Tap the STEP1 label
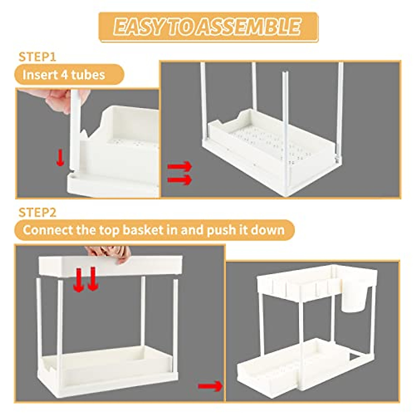click(37, 57)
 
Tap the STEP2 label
click(37, 212)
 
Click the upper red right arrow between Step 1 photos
click(179, 166)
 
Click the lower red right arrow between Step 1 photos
click(179, 180)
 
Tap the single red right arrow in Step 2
click(210, 386)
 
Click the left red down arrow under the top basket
click(79, 280)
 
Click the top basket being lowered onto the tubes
click(111, 266)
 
